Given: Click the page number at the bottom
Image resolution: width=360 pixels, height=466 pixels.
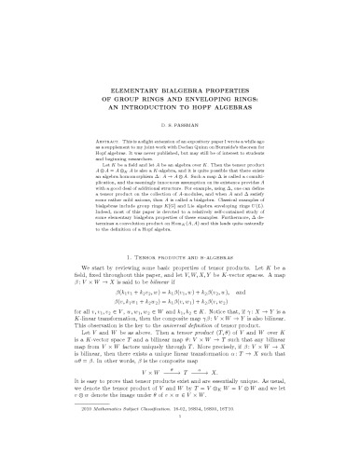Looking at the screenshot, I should (x=180, y=463).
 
